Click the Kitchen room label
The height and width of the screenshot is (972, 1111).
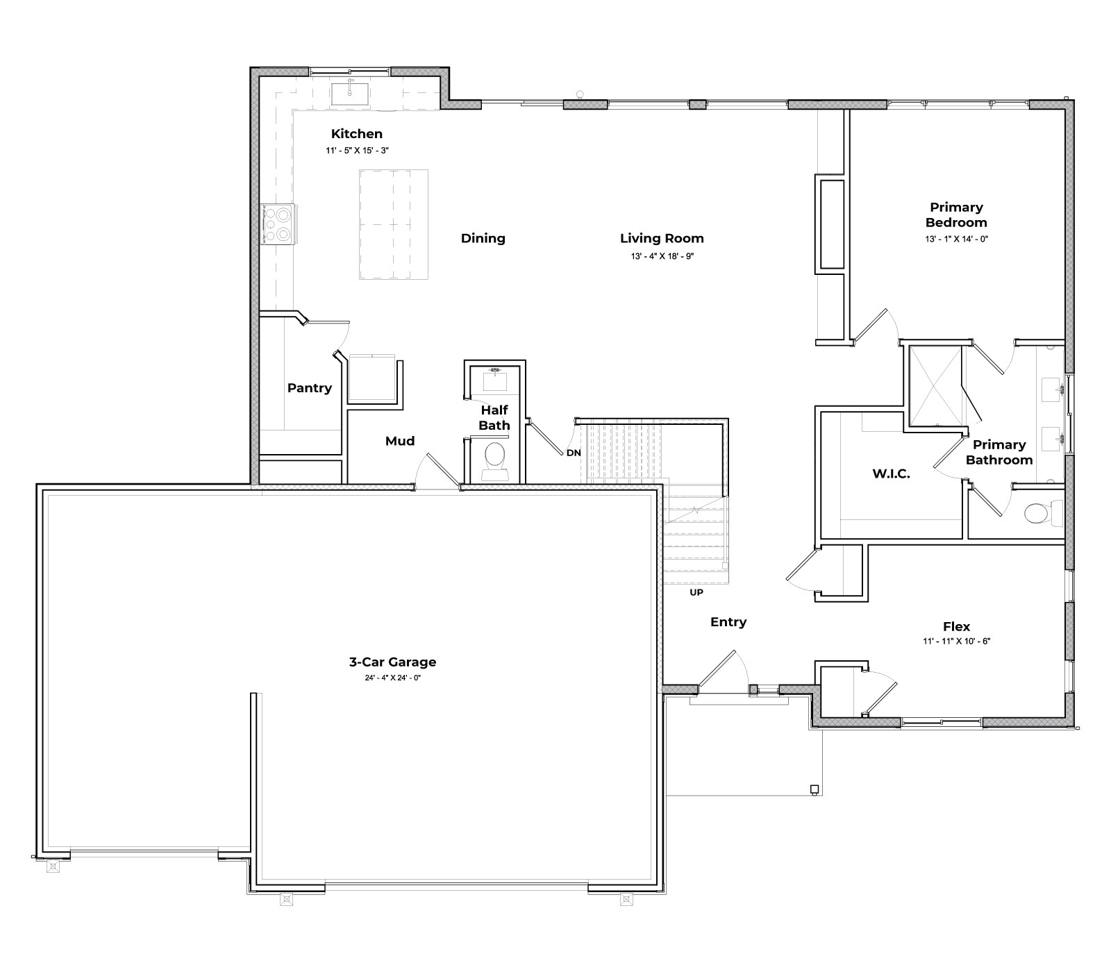click(x=356, y=134)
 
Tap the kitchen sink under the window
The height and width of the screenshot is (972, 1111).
click(x=349, y=92)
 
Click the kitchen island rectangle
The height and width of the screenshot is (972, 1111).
click(x=393, y=224)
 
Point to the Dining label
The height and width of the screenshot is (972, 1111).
click(x=483, y=238)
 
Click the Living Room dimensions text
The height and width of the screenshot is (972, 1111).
click(x=662, y=256)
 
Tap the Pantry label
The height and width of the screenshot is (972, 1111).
click(x=309, y=388)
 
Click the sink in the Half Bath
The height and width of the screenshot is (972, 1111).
click(x=495, y=379)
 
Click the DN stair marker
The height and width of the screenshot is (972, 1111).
click(x=574, y=453)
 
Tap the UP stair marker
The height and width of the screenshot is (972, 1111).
click(x=696, y=592)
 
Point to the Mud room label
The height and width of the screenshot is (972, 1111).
click(x=400, y=441)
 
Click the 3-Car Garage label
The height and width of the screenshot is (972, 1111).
click(x=392, y=662)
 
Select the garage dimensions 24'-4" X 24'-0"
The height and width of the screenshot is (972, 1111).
click(x=392, y=678)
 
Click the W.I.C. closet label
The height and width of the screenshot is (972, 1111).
click(x=891, y=474)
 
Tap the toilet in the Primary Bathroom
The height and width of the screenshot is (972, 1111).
click(x=1039, y=513)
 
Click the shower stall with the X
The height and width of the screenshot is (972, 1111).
click(x=935, y=385)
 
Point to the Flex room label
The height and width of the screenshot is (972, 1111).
click(x=956, y=626)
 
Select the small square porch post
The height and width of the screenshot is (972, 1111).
click(x=815, y=789)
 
